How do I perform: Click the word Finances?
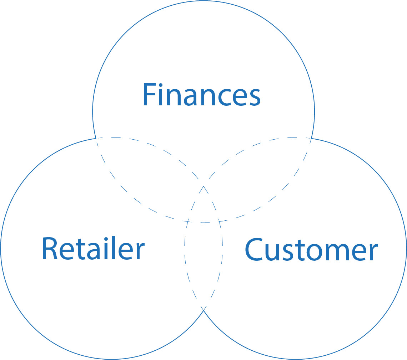(202, 95)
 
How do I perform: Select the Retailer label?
(93, 249)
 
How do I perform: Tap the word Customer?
(311, 250)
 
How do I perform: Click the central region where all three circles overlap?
(203, 207)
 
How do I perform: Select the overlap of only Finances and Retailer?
(150, 175)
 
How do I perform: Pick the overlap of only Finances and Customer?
(257, 175)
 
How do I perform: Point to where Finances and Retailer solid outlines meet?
(96, 138)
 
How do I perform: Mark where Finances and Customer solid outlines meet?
(311, 138)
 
